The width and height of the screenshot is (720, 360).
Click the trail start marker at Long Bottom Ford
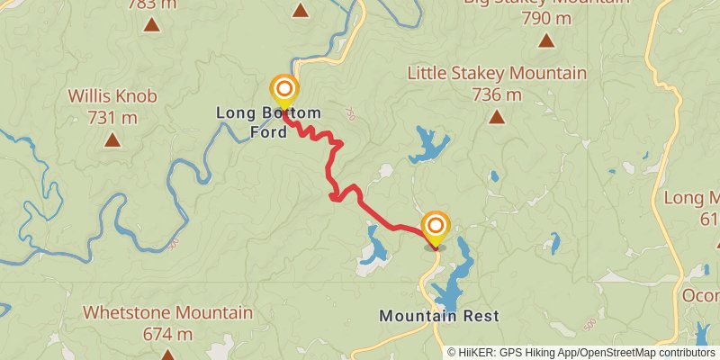(284, 89)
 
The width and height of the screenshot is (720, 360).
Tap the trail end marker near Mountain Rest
(435, 225)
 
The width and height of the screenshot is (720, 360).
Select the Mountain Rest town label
(438, 316)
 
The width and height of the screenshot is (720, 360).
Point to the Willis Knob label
(112, 95)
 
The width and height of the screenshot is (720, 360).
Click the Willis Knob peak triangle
(112, 139)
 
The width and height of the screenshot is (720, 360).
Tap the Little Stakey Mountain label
(497, 73)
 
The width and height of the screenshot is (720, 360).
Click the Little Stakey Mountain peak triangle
(496, 115)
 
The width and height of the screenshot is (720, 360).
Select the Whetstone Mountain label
(167, 312)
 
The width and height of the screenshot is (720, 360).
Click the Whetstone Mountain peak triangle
(167, 354)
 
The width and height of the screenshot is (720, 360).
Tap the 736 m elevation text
(497, 94)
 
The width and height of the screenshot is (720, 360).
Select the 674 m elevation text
(167, 334)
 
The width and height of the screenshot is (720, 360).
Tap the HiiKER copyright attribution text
(582, 352)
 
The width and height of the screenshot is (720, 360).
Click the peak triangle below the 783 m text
(151, 25)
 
